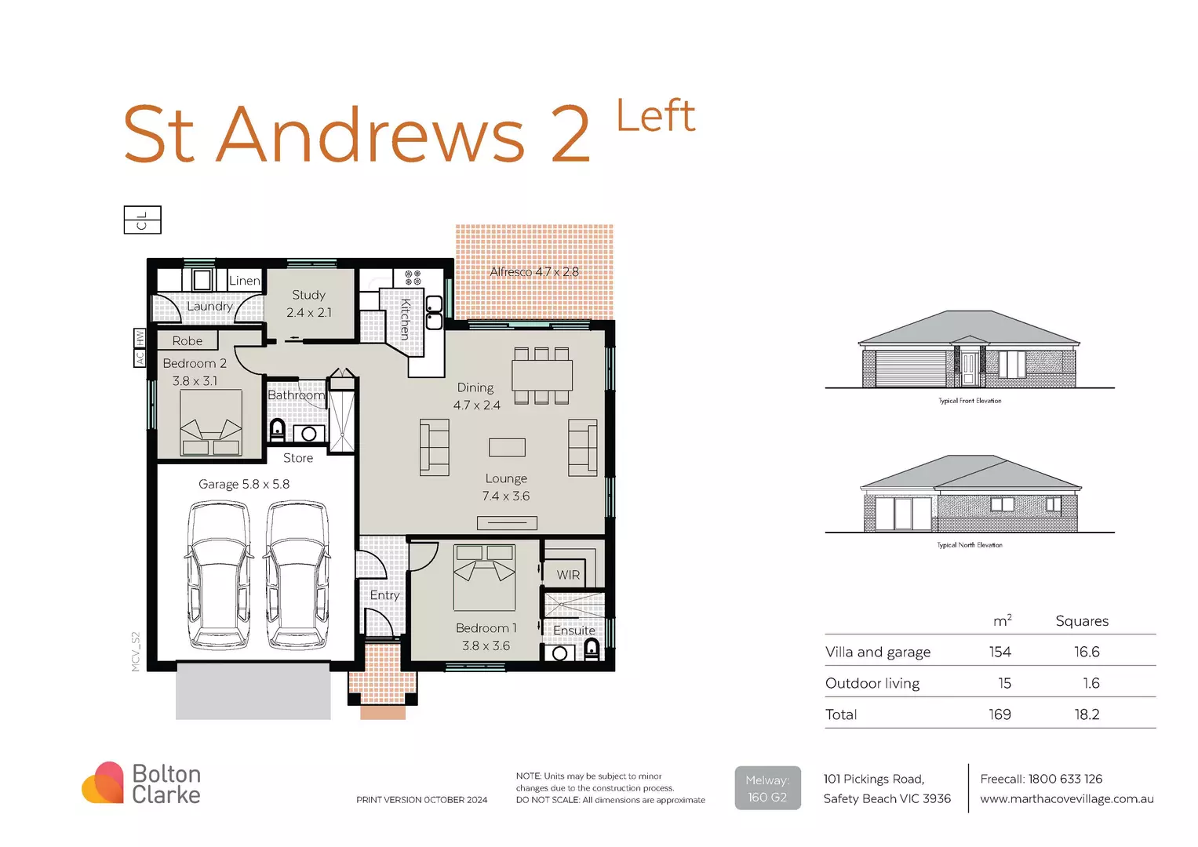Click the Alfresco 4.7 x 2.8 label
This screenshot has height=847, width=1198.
pos(534,272)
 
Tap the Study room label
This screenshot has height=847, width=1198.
pos(308,296)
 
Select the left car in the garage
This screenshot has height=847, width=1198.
pos(219,576)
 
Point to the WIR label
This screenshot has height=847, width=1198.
pos(568,575)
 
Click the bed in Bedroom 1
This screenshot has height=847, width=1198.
pos(484,578)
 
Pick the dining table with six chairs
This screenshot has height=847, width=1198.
pos(541,375)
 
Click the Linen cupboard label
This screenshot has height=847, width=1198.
pos(244,281)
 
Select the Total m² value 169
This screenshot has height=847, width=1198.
pos(1000,714)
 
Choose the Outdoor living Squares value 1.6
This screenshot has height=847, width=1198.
pos(1091,683)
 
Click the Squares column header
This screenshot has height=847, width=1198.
pos(1082,621)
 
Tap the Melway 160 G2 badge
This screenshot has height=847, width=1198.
pos(767,788)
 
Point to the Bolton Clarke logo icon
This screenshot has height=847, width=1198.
pos(103,783)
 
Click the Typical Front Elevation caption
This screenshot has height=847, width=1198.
pos(970,401)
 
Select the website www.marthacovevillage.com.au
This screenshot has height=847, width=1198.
pos(1066,799)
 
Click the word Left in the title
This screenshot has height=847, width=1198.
pos(655,117)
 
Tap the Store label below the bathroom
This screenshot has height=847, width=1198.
pos(298,458)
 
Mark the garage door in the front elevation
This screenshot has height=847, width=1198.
pos(910,368)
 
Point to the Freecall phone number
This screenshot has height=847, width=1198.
pos(1041,779)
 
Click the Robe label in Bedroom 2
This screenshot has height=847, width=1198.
pos(188,341)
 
